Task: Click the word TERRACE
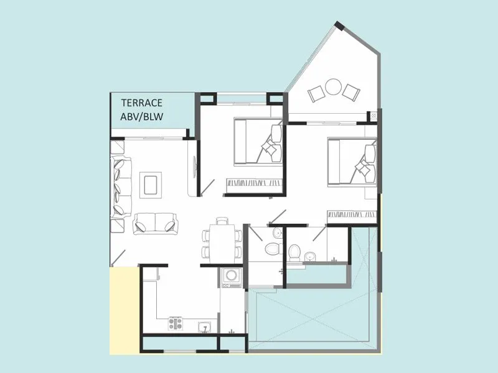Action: [142, 103]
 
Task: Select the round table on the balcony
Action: [334, 86]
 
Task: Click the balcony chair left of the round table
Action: [317, 93]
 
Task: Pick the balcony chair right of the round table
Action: [351, 92]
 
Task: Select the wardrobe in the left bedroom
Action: [254, 183]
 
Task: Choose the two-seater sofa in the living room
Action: [155, 222]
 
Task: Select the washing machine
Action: [232, 277]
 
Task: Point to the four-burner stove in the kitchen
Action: [176, 323]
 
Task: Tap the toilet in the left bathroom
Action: [271, 249]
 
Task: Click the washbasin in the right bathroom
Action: [311, 256]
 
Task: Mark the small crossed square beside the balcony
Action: [374, 116]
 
